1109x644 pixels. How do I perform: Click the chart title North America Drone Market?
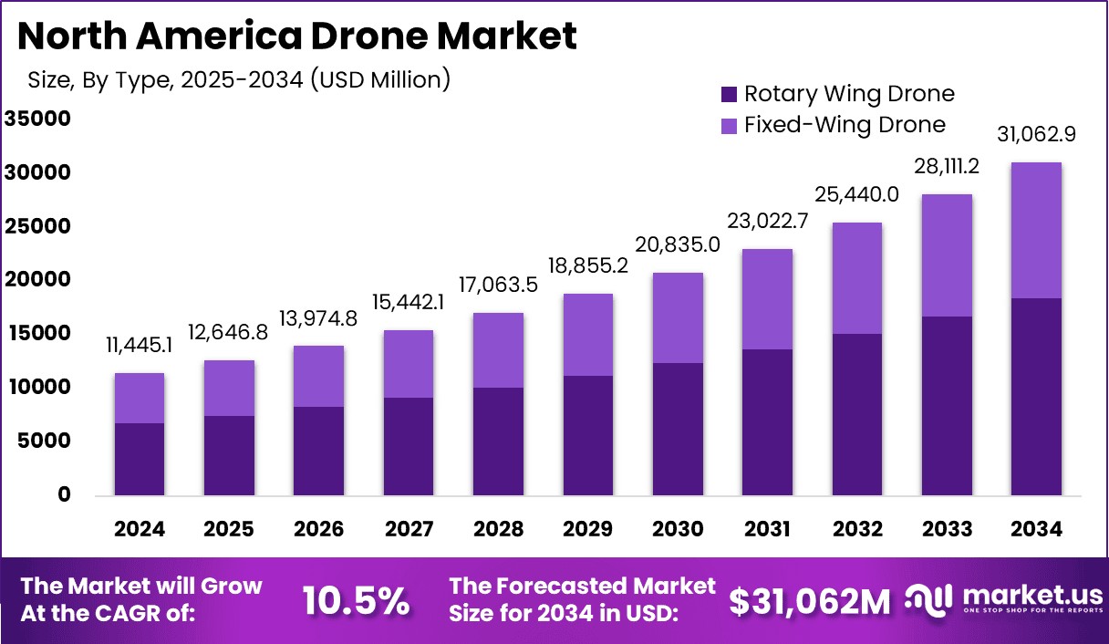296,36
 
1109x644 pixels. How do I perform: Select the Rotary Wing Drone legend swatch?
728,94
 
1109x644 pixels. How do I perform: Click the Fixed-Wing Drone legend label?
845,125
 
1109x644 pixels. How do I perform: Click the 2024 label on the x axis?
139,529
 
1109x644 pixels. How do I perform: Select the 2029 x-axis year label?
587,529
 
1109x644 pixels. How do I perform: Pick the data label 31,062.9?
1036,134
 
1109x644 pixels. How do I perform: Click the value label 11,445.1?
139,345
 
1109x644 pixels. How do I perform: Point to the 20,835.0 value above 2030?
678,244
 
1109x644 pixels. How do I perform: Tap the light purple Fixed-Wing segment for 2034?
1036,230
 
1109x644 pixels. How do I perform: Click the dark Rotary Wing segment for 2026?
318,451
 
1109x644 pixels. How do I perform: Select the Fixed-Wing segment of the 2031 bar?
767,299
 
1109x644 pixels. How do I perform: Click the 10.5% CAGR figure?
356,601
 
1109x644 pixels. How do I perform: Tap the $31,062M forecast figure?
810,601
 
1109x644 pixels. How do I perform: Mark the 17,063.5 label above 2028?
498,285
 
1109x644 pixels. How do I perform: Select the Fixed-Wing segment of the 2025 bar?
229,388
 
